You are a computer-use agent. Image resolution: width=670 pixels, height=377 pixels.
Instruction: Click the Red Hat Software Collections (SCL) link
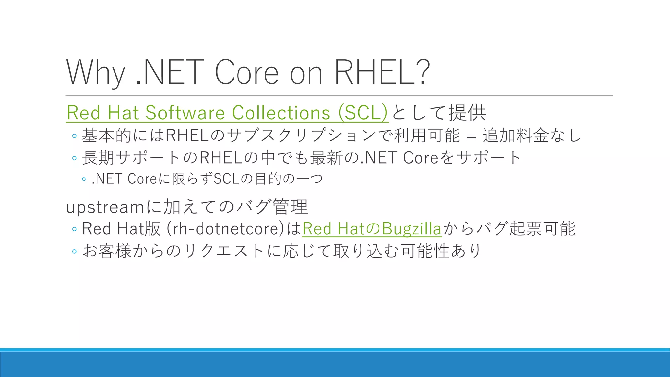click(227, 113)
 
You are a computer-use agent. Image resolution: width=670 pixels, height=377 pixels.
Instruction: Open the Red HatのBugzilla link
click(372, 228)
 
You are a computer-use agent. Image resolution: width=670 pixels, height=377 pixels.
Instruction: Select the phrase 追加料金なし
click(532, 135)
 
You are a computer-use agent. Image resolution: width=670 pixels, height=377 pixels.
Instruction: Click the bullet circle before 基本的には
click(74, 136)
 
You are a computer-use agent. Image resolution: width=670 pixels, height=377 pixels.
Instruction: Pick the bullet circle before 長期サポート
click(74, 158)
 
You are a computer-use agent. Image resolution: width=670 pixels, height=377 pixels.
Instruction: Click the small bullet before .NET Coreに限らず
click(84, 179)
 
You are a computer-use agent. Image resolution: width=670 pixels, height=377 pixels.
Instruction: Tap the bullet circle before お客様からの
click(74, 251)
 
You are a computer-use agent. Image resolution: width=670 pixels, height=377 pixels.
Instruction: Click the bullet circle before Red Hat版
click(74, 229)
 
